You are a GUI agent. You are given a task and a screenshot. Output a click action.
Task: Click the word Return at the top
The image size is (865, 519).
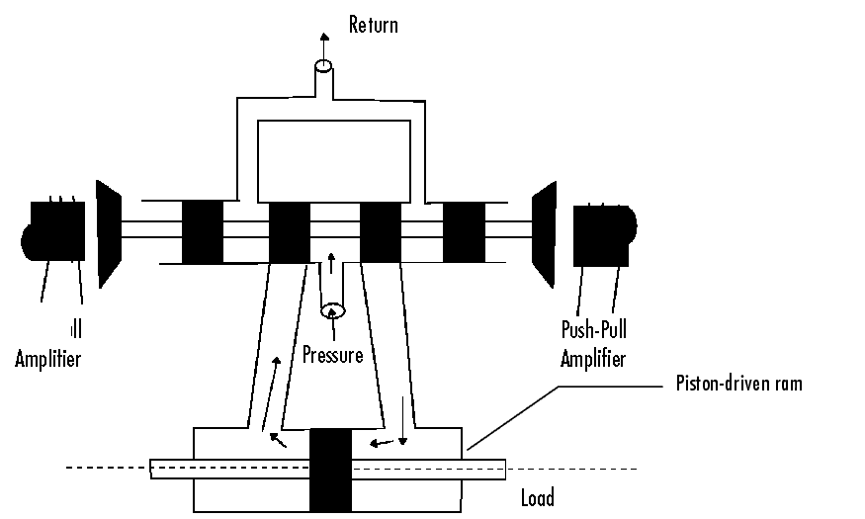click(x=373, y=25)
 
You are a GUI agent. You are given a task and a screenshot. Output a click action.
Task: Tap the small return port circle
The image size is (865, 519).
click(x=322, y=68)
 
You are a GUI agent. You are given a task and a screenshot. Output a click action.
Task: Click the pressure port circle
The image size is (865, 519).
click(x=333, y=311)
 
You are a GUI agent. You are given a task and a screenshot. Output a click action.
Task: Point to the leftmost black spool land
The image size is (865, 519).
click(x=202, y=231)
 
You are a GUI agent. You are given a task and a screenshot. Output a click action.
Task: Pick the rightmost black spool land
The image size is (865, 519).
click(x=463, y=231)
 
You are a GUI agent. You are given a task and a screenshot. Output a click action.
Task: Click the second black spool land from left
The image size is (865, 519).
click(x=290, y=231)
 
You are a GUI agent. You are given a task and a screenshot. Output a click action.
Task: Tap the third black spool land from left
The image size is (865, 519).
click(x=380, y=231)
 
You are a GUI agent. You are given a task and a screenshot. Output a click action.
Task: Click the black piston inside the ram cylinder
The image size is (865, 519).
click(x=330, y=470)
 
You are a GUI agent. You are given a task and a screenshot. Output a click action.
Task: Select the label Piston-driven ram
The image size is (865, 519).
click(x=738, y=384)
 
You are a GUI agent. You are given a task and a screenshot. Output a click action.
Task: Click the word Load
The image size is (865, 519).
click(x=537, y=497)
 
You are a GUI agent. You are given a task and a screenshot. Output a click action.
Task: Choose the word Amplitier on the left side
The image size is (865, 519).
click(x=47, y=358)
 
